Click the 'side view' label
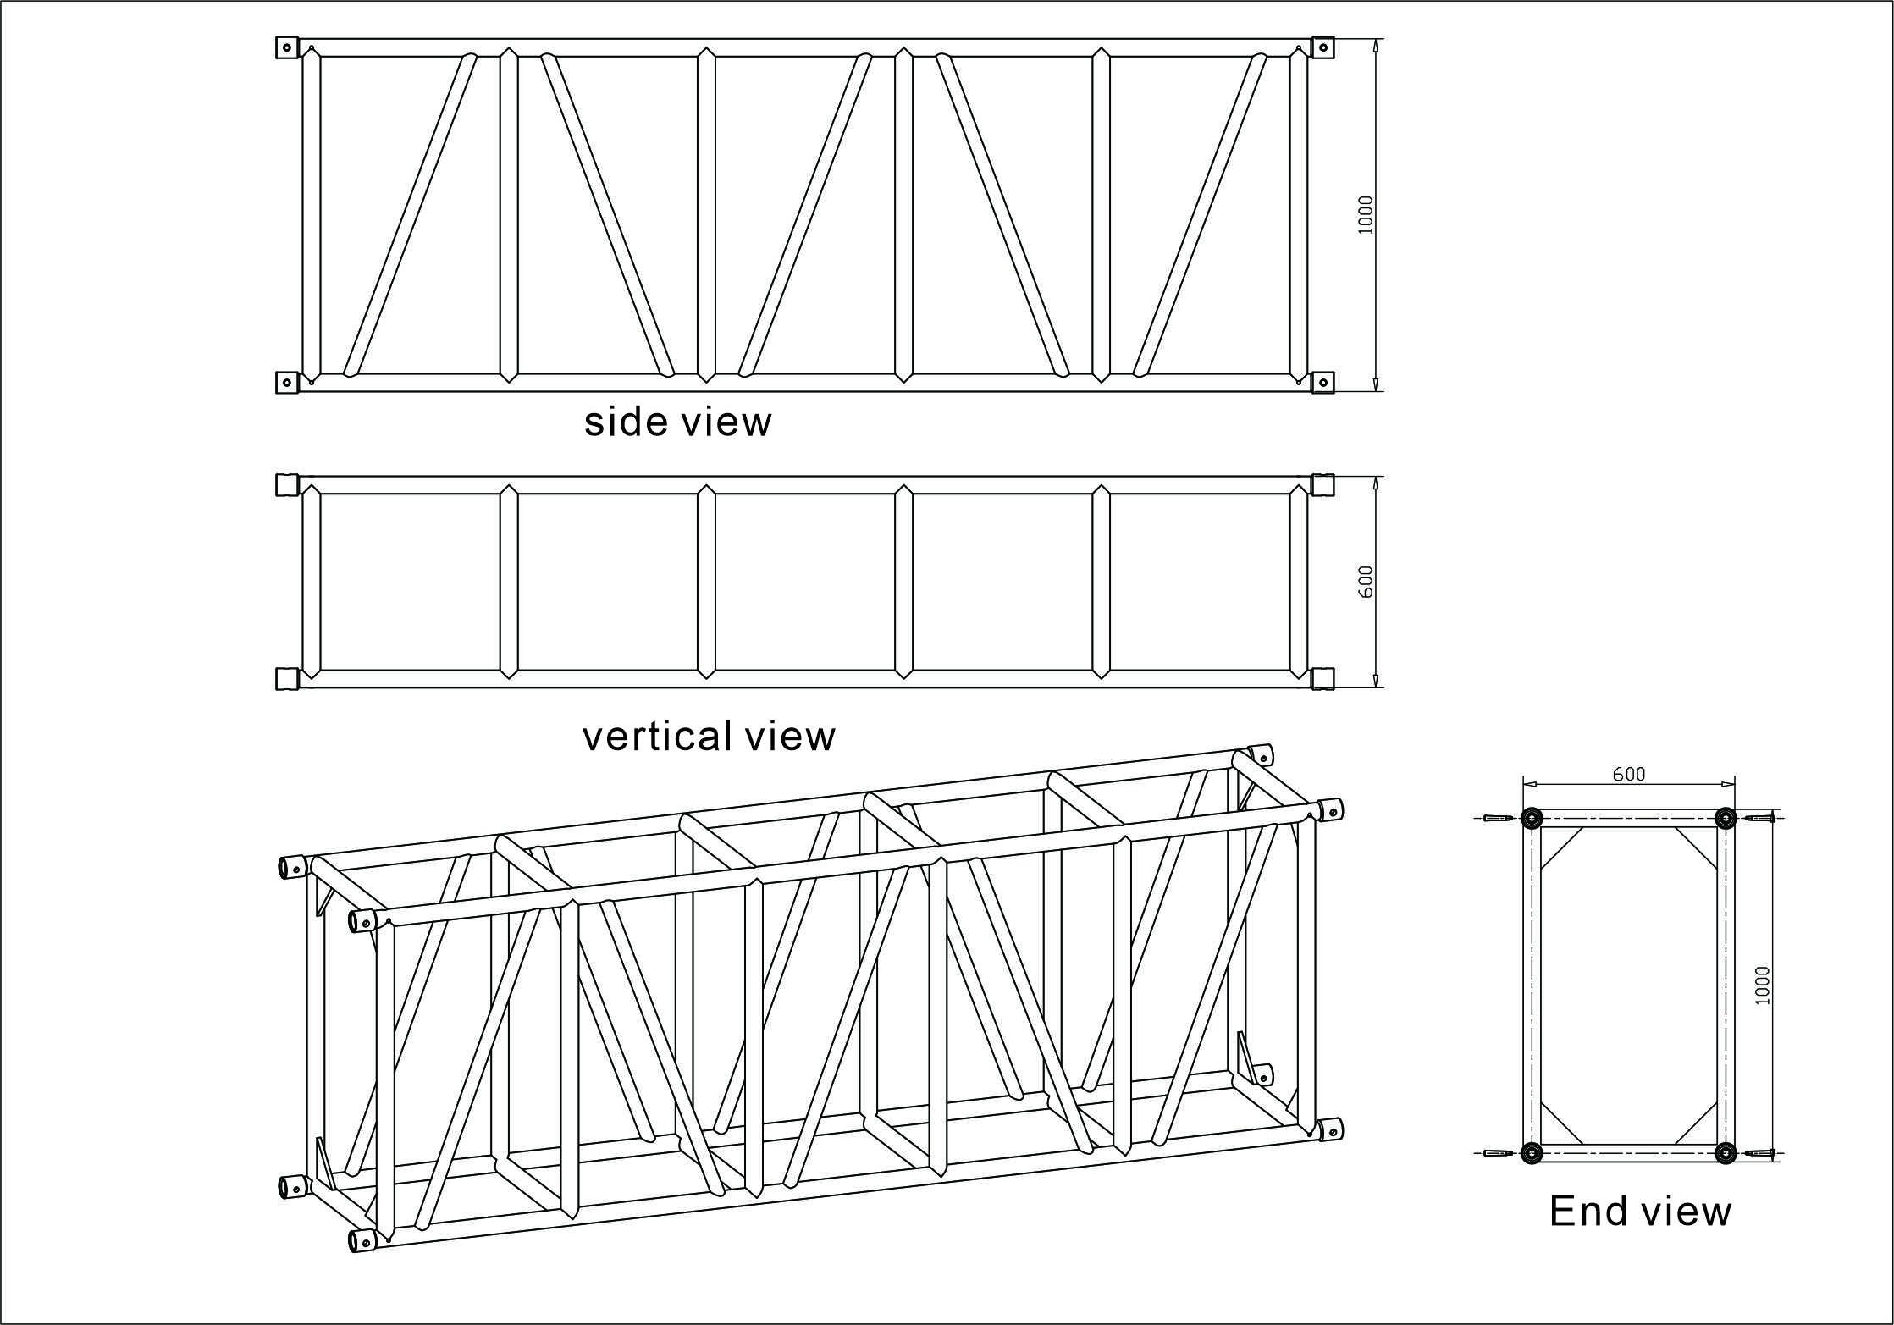click(x=677, y=422)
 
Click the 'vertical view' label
click(x=709, y=736)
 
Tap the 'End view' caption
click(x=1640, y=1211)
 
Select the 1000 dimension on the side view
click(x=1365, y=215)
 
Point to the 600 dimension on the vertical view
click(x=1365, y=582)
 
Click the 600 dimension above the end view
click(x=1629, y=774)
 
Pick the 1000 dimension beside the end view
click(x=1763, y=985)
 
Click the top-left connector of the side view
click(x=288, y=47)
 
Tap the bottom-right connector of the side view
click(x=1322, y=383)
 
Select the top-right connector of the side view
click(x=1322, y=47)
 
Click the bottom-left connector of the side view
click(x=288, y=383)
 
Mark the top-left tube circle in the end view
click(x=1532, y=818)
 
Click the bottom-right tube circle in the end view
click(x=1726, y=1152)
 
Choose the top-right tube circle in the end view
click(x=1726, y=818)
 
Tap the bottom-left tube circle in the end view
click(x=1532, y=1152)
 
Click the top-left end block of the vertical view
click(x=288, y=484)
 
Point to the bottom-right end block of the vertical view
click(x=1322, y=679)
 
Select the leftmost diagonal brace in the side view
click(x=411, y=215)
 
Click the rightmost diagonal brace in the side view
click(x=1200, y=215)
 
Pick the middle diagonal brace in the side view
click(x=805, y=215)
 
